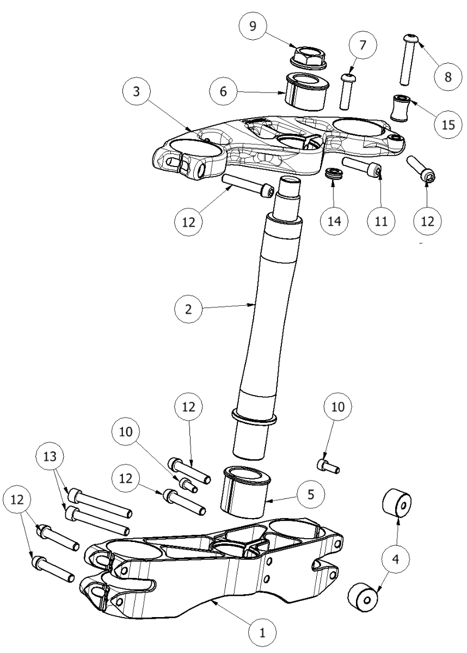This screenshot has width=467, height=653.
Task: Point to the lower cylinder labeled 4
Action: click(361, 598)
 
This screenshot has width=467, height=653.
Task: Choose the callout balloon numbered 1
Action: click(262, 633)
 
